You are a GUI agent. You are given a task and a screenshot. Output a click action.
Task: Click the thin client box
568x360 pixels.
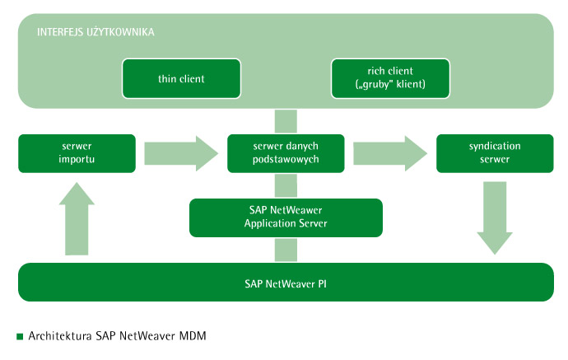(181, 78)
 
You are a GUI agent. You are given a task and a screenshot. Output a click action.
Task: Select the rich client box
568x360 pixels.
(390, 78)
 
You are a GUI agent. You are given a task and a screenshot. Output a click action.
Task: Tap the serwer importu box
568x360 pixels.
(77, 153)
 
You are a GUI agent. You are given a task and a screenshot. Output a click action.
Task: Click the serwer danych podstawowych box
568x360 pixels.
(286, 153)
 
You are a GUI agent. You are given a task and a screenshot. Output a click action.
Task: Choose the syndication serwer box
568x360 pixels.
(495, 153)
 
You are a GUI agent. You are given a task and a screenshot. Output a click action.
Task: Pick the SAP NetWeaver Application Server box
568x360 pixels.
(286, 217)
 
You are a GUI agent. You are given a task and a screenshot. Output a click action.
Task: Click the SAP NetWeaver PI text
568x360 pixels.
(286, 284)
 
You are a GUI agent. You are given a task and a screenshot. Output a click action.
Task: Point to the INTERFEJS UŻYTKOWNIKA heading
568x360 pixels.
(95, 32)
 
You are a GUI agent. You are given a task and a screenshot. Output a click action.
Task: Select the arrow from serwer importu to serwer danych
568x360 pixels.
(181, 153)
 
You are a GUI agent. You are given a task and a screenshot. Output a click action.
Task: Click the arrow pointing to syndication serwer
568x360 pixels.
(390, 153)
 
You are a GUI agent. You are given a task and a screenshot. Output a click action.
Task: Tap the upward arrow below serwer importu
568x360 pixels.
(77, 218)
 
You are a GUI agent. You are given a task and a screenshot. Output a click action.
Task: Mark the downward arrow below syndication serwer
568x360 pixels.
(495, 217)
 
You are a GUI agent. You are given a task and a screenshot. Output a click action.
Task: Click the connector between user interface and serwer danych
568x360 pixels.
(286, 121)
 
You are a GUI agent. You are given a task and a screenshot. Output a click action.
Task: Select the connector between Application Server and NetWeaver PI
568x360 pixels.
(286, 250)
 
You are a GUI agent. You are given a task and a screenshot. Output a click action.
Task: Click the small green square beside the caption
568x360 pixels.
(20, 336)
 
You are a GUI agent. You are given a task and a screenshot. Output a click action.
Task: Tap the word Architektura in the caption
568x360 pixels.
(60, 336)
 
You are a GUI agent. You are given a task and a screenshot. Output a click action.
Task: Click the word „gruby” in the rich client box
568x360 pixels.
(375, 85)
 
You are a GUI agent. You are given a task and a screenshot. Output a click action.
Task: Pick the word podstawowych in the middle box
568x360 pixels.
(286, 160)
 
